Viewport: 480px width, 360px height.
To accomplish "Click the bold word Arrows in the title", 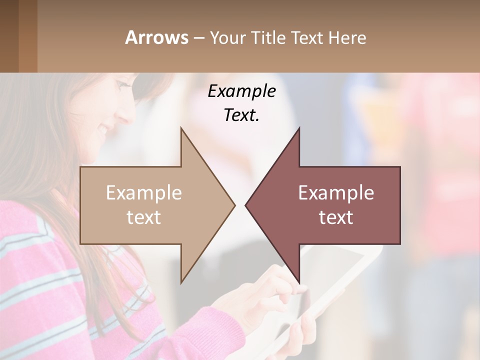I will coord(156,37).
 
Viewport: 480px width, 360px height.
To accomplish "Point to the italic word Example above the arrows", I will coord(241,91).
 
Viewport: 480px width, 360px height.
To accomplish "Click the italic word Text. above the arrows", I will coord(241,115).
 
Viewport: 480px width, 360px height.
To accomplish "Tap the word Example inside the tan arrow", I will coord(144,193).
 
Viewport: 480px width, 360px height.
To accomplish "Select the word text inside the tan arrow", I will coord(144,217).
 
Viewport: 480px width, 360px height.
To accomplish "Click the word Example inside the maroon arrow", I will coord(336,193).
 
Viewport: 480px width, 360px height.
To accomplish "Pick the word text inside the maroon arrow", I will coord(336,217).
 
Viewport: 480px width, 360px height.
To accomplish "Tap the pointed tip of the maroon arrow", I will coord(246,205).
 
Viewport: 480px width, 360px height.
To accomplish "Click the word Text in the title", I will coord(307,38).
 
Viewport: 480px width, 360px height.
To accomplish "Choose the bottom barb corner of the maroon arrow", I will coord(299,282).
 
